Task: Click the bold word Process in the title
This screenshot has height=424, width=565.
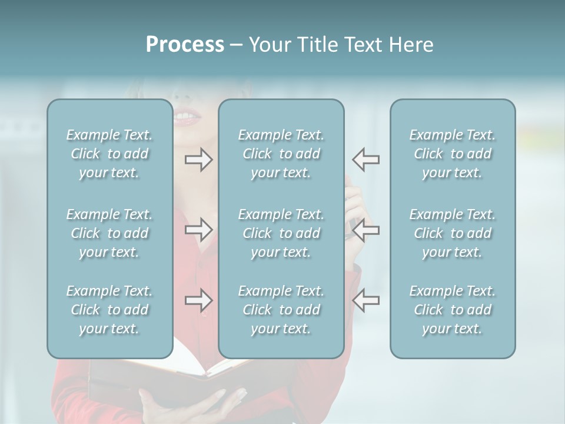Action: coord(185,45)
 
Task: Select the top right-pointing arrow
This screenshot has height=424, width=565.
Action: coord(199,160)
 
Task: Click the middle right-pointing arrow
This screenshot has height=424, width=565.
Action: coord(199,230)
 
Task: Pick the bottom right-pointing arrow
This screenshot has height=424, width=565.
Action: coord(199,300)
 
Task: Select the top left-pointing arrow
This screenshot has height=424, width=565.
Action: coord(365,160)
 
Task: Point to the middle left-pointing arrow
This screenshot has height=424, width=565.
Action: coord(365,230)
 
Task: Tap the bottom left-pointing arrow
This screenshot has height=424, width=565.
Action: coord(365,300)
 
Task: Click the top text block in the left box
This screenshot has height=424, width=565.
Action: coord(109,154)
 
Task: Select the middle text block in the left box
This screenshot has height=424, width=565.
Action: coord(109,233)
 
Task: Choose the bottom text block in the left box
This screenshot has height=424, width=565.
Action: coord(109,310)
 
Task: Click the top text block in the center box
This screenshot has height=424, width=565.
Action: coord(281,154)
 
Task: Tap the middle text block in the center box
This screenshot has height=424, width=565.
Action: coord(281,233)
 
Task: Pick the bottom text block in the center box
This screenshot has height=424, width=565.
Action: coord(281,310)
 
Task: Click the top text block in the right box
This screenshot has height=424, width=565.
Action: coord(452,154)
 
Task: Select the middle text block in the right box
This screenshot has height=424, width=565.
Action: coord(452,233)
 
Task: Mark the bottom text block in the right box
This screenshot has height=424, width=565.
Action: coord(452,310)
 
